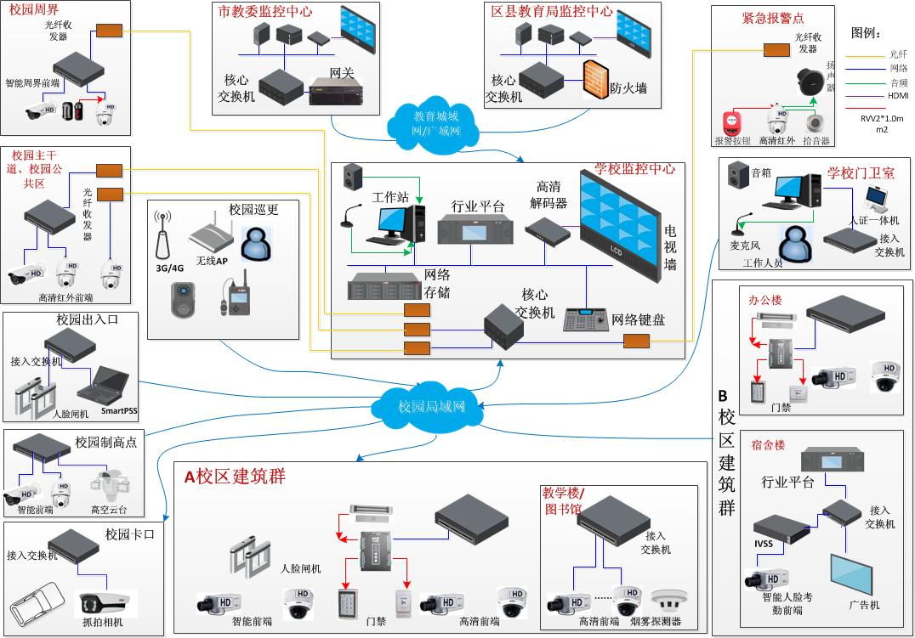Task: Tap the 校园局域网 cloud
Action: [x=432, y=406]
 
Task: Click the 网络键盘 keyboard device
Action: [x=585, y=318]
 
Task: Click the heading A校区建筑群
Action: [x=234, y=477]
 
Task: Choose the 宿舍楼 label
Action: [x=767, y=444]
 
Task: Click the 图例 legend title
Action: [x=868, y=32]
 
